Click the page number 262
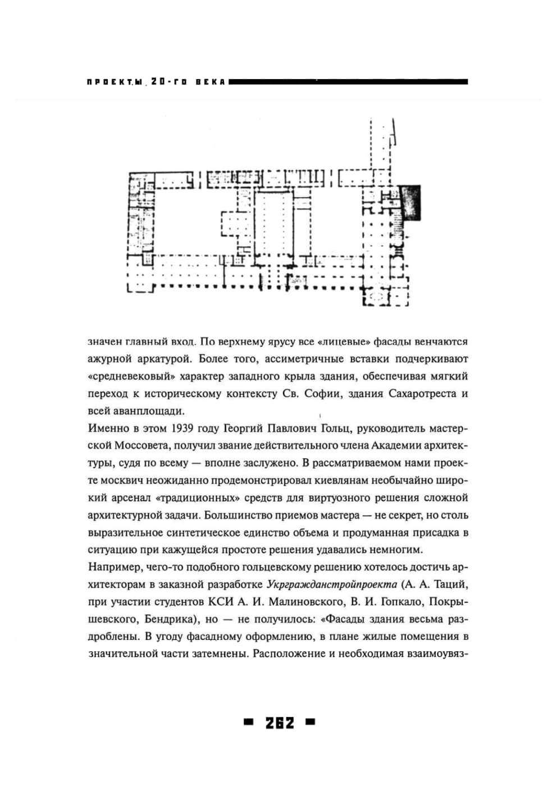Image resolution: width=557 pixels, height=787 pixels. (280, 723)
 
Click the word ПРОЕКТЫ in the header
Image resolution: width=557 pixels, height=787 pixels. (115, 82)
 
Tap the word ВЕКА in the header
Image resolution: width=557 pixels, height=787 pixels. (211, 82)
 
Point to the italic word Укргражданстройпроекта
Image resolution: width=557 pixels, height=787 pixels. (332, 585)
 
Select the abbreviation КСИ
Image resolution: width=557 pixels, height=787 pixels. (220, 602)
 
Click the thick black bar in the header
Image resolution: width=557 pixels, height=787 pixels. (348, 82)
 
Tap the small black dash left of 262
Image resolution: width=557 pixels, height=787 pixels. (248, 722)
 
